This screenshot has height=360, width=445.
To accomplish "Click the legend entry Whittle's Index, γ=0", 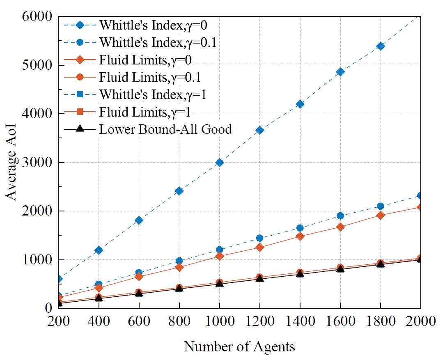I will pyautogui.click(x=153, y=25).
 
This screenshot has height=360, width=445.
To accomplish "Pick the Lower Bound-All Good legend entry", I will pyautogui.click(x=165, y=129).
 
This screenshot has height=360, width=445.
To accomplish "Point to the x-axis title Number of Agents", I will pyautogui.click(x=239, y=346).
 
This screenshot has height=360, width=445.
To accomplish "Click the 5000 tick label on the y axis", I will pyautogui.click(x=37, y=65).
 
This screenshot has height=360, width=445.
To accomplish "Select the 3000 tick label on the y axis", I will pyautogui.click(x=37, y=162).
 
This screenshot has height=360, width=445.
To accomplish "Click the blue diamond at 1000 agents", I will pyautogui.click(x=220, y=163).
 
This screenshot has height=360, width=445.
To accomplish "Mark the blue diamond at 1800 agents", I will pyautogui.click(x=381, y=46).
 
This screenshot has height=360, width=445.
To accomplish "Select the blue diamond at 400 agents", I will pyautogui.click(x=99, y=250).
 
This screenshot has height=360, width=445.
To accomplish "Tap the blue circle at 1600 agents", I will pyautogui.click(x=340, y=216).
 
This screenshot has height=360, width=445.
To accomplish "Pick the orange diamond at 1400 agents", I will pyautogui.click(x=300, y=236).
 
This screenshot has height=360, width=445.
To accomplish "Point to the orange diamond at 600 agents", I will pyautogui.click(x=139, y=277).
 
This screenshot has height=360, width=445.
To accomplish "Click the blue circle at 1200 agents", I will pyautogui.click(x=260, y=238).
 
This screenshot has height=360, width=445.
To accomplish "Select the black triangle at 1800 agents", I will pyautogui.click(x=381, y=264).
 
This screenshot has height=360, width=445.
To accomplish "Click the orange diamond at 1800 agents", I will pyautogui.click(x=381, y=215).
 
